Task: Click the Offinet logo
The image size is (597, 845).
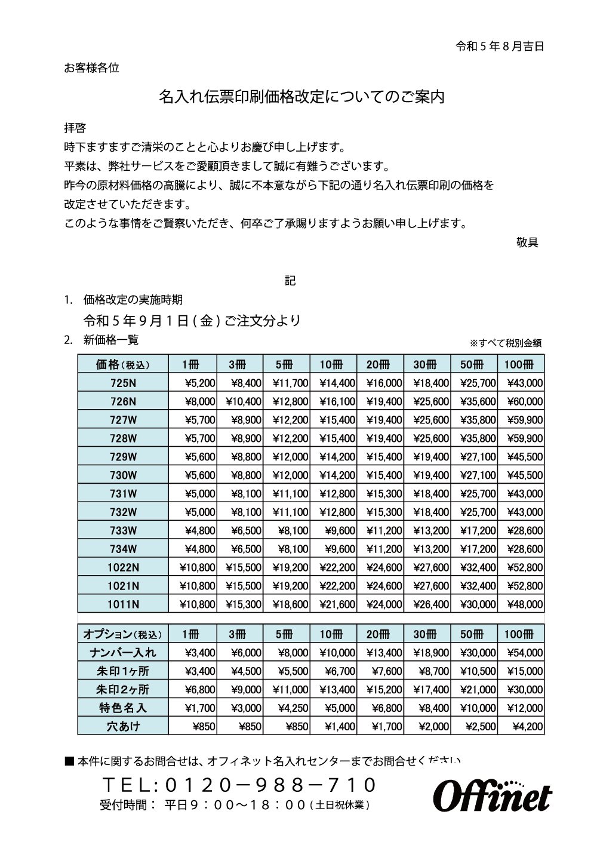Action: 492,795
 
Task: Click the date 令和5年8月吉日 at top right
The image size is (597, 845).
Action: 500,46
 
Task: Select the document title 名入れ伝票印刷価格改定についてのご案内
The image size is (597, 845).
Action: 301,97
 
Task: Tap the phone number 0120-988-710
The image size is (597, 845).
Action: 239,784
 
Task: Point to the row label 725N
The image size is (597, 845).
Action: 123,383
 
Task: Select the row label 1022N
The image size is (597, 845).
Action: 123,567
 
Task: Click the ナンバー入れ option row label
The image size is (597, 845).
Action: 123,653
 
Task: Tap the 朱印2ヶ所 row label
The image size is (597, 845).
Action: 123,690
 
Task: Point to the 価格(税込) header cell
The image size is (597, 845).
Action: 123,364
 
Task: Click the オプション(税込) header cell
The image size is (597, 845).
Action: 123,634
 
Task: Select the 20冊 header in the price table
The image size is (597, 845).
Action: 380,364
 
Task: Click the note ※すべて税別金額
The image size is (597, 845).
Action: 505,343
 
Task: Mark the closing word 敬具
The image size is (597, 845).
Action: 527,242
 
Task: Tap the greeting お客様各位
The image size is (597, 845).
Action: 91,68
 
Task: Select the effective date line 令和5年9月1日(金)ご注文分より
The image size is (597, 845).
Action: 192,321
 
